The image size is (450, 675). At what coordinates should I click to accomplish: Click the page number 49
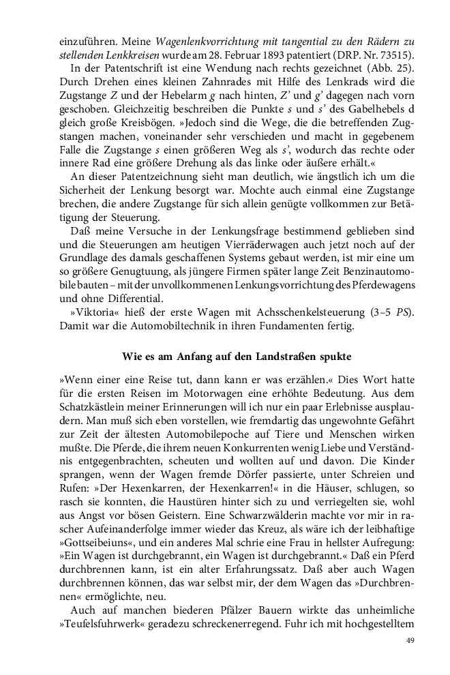[410, 640]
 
